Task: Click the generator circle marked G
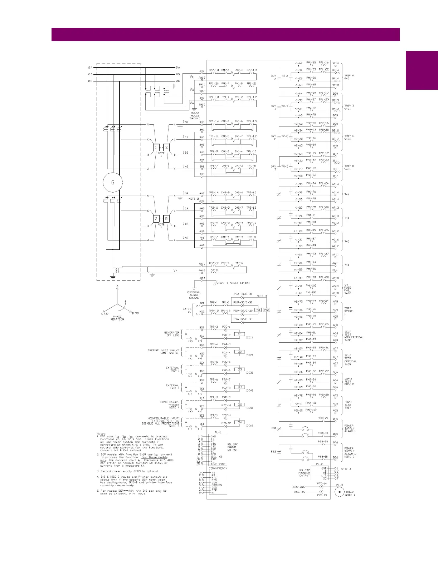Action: tap(113, 183)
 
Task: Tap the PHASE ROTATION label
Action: tap(117, 318)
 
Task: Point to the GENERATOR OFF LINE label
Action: tap(172, 334)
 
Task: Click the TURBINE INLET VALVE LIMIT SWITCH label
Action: tap(164, 352)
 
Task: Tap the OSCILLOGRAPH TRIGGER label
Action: tap(170, 404)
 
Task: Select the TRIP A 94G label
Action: tap(349, 77)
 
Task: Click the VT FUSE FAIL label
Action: tap(347, 289)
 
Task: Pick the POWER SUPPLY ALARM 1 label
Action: tap(350, 428)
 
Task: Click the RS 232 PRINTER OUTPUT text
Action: tap(304, 473)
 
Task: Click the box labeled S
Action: tap(166, 147)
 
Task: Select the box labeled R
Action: tap(166, 219)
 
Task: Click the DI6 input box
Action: tap(239, 422)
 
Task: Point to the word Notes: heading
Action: tap(101, 434)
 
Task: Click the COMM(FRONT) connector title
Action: tap(218, 468)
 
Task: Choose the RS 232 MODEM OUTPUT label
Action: tap(233, 447)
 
